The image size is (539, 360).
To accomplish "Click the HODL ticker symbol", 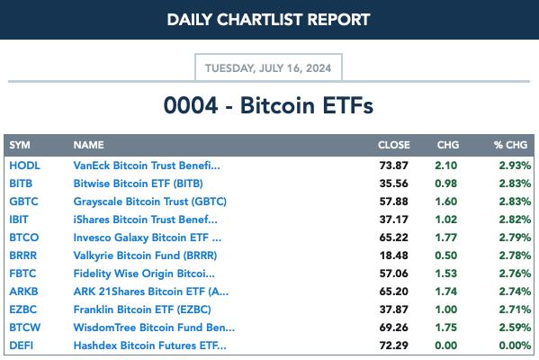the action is click(x=24, y=166).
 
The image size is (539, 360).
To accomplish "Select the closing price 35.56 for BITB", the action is click(x=393, y=184).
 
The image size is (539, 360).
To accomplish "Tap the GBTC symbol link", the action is click(x=23, y=202).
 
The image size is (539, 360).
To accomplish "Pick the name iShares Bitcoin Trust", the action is click(x=146, y=220).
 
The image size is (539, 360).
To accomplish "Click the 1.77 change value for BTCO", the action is click(x=445, y=238).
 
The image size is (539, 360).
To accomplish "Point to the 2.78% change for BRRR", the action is click(x=515, y=256).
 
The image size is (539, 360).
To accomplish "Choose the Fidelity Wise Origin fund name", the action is click(x=144, y=274).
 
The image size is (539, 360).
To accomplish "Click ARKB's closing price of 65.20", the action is click(x=393, y=292).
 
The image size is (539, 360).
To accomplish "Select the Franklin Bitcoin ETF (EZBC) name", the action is click(x=142, y=310).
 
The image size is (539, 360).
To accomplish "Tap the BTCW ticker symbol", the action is click(x=25, y=328).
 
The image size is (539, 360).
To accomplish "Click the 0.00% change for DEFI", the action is click(x=515, y=346).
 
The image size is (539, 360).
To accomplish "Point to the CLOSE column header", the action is click(x=394, y=145).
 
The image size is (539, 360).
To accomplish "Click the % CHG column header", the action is click(x=510, y=145).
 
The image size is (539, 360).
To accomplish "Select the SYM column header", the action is click(x=20, y=145).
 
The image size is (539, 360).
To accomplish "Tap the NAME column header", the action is click(x=88, y=145).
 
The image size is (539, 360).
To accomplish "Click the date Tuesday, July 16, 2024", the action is click(x=268, y=68).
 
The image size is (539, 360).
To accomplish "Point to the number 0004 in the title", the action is click(x=191, y=105).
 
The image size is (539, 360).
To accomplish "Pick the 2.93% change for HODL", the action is click(x=515, y=166).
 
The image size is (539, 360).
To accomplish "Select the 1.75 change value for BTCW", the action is click(x=445, y=328).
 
